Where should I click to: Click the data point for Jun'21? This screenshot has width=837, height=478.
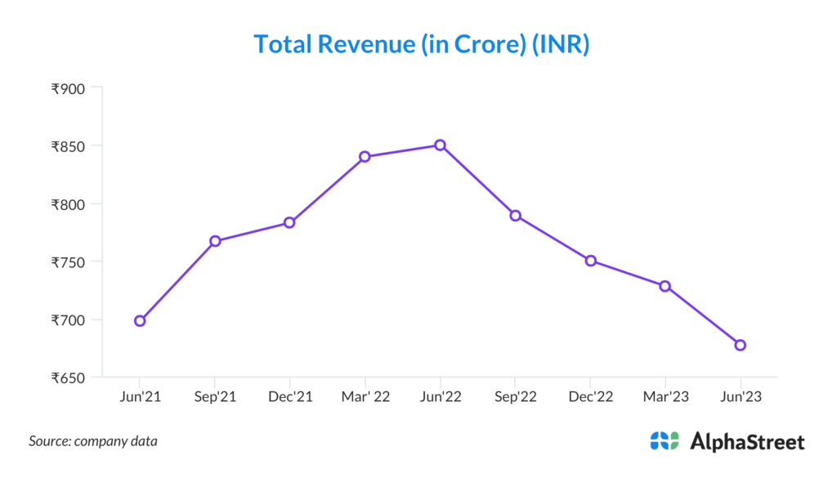click(140, 321)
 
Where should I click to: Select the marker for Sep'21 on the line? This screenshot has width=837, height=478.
click(215, 241)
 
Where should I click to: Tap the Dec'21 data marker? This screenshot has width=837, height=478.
click(289, 222)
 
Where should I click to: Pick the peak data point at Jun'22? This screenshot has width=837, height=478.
click(440, 145)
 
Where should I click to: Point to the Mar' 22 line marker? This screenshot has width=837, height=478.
click(365, 156)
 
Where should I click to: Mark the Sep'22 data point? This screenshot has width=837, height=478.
click(515, 216)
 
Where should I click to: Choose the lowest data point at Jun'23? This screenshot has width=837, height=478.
click(740, 345)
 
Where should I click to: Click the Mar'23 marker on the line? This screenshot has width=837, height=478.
click(665, 286)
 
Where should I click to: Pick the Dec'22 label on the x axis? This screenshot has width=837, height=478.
click(589, 396)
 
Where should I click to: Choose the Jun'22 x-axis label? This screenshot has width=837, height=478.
click(440, 396)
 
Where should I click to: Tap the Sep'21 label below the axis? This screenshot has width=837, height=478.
click(215, 396)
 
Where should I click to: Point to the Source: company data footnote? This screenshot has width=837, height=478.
click(93, 441)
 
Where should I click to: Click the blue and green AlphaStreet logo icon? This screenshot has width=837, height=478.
click(665, 441)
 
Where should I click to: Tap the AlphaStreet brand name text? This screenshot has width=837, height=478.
click(747, 442)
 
